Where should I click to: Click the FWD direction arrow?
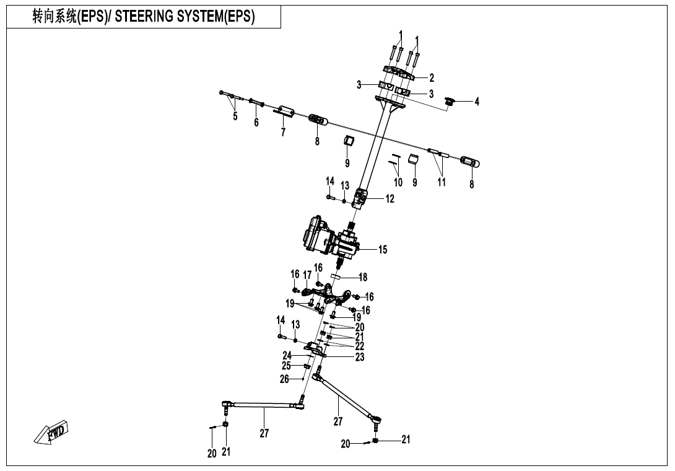point(53,432)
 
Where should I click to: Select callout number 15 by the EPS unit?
point(383,250)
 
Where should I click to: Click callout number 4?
point(477,102)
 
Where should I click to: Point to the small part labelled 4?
point(451,100)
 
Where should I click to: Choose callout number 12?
point(390,200)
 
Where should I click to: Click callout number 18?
point(364,278)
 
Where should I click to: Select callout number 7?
point(283,133)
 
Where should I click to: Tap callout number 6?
point(256,123)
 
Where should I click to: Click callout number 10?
point(398,182)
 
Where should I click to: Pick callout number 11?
point(441,182)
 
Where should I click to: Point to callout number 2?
point(432,78)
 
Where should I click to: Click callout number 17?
point(307,275)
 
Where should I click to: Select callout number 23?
point(360,357)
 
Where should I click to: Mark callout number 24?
point(287,356)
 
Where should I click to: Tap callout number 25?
point(286,366)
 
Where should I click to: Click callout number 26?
point(284,379)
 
